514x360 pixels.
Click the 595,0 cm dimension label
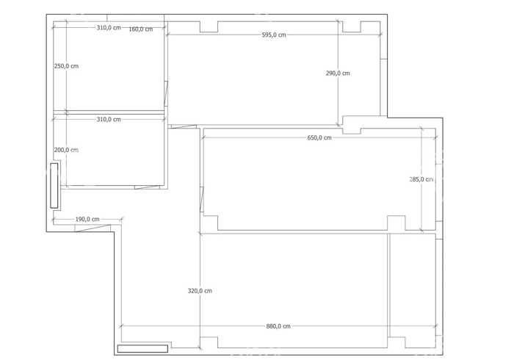pyautogui.click(x=274, y=35)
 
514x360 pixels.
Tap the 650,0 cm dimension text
pyautogui.click(x=319, y=137)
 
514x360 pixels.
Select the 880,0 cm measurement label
pyautogui.click(x=278, y=326)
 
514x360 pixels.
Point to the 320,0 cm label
pyautogui.click(x=200, y=291)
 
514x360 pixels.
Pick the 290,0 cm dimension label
pyautogui.click(x=338, y=73)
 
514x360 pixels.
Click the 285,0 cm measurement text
pyautogui.click(x=421, y=179)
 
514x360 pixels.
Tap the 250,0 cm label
pyautogui.click(x=66, y=66)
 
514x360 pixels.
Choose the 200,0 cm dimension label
pyautogui.click(x=66, y=150)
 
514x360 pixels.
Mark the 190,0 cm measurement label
pyautogui.click(x=87, y=219)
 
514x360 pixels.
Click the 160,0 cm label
pyautogui.click(x=141, y=29)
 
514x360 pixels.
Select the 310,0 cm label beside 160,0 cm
pyautogui.click(x=109, y=27)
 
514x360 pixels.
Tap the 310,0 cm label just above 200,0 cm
pyautogui.click(x=109, y=119)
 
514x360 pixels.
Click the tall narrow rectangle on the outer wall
pyautogui.click(x=54, y=186)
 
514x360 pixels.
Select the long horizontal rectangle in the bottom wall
pyautogui.click(x=142, y=348)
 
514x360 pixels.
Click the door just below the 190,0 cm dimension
pyautogui.click(x=93, y=228)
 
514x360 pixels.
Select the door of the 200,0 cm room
pyautogui.click(x=147, y=187)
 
